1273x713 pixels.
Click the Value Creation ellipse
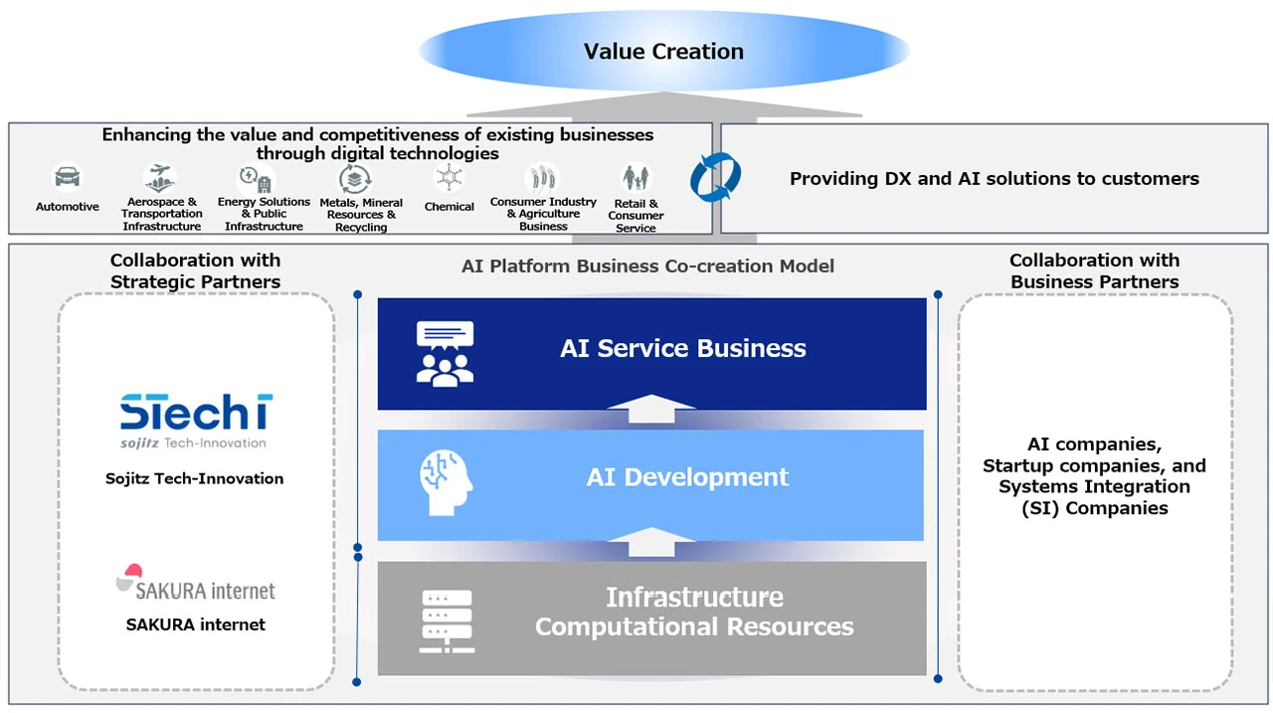point(663,52)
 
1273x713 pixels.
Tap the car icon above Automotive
point(67,178)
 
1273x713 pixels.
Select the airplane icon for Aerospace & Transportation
point(160,178)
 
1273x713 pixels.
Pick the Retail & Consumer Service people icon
point(636,179)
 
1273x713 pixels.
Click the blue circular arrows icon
point(715,178)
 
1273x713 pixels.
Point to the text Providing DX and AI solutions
point(994,179)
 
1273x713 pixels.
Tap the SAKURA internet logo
point(195,584)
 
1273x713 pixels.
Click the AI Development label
point(687,477)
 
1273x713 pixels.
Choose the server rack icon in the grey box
point(447,621)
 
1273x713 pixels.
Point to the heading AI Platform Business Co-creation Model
point(647,267)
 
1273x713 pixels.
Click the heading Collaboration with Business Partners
point(1094,270)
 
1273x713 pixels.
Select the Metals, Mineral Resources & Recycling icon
point(356,179)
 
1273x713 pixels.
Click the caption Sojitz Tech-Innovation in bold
point(195,478)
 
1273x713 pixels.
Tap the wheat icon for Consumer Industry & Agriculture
point(543,179)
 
